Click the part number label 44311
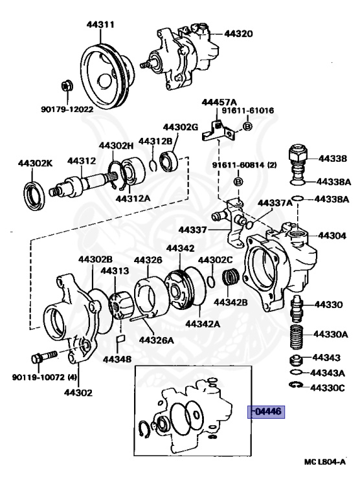click(100, 25)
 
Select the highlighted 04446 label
click(266, 412)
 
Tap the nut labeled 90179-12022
click(66, 85)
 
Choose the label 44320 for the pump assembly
click(238, 34)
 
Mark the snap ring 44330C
click(297, 385)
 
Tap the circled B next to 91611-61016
click(247, 126)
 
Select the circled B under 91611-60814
click(238, 182)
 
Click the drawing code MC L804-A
click(325, 462)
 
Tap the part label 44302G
click(181, 127)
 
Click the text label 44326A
click(157, 340)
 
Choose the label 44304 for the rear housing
click(332, 236)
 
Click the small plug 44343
click(297, 360)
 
